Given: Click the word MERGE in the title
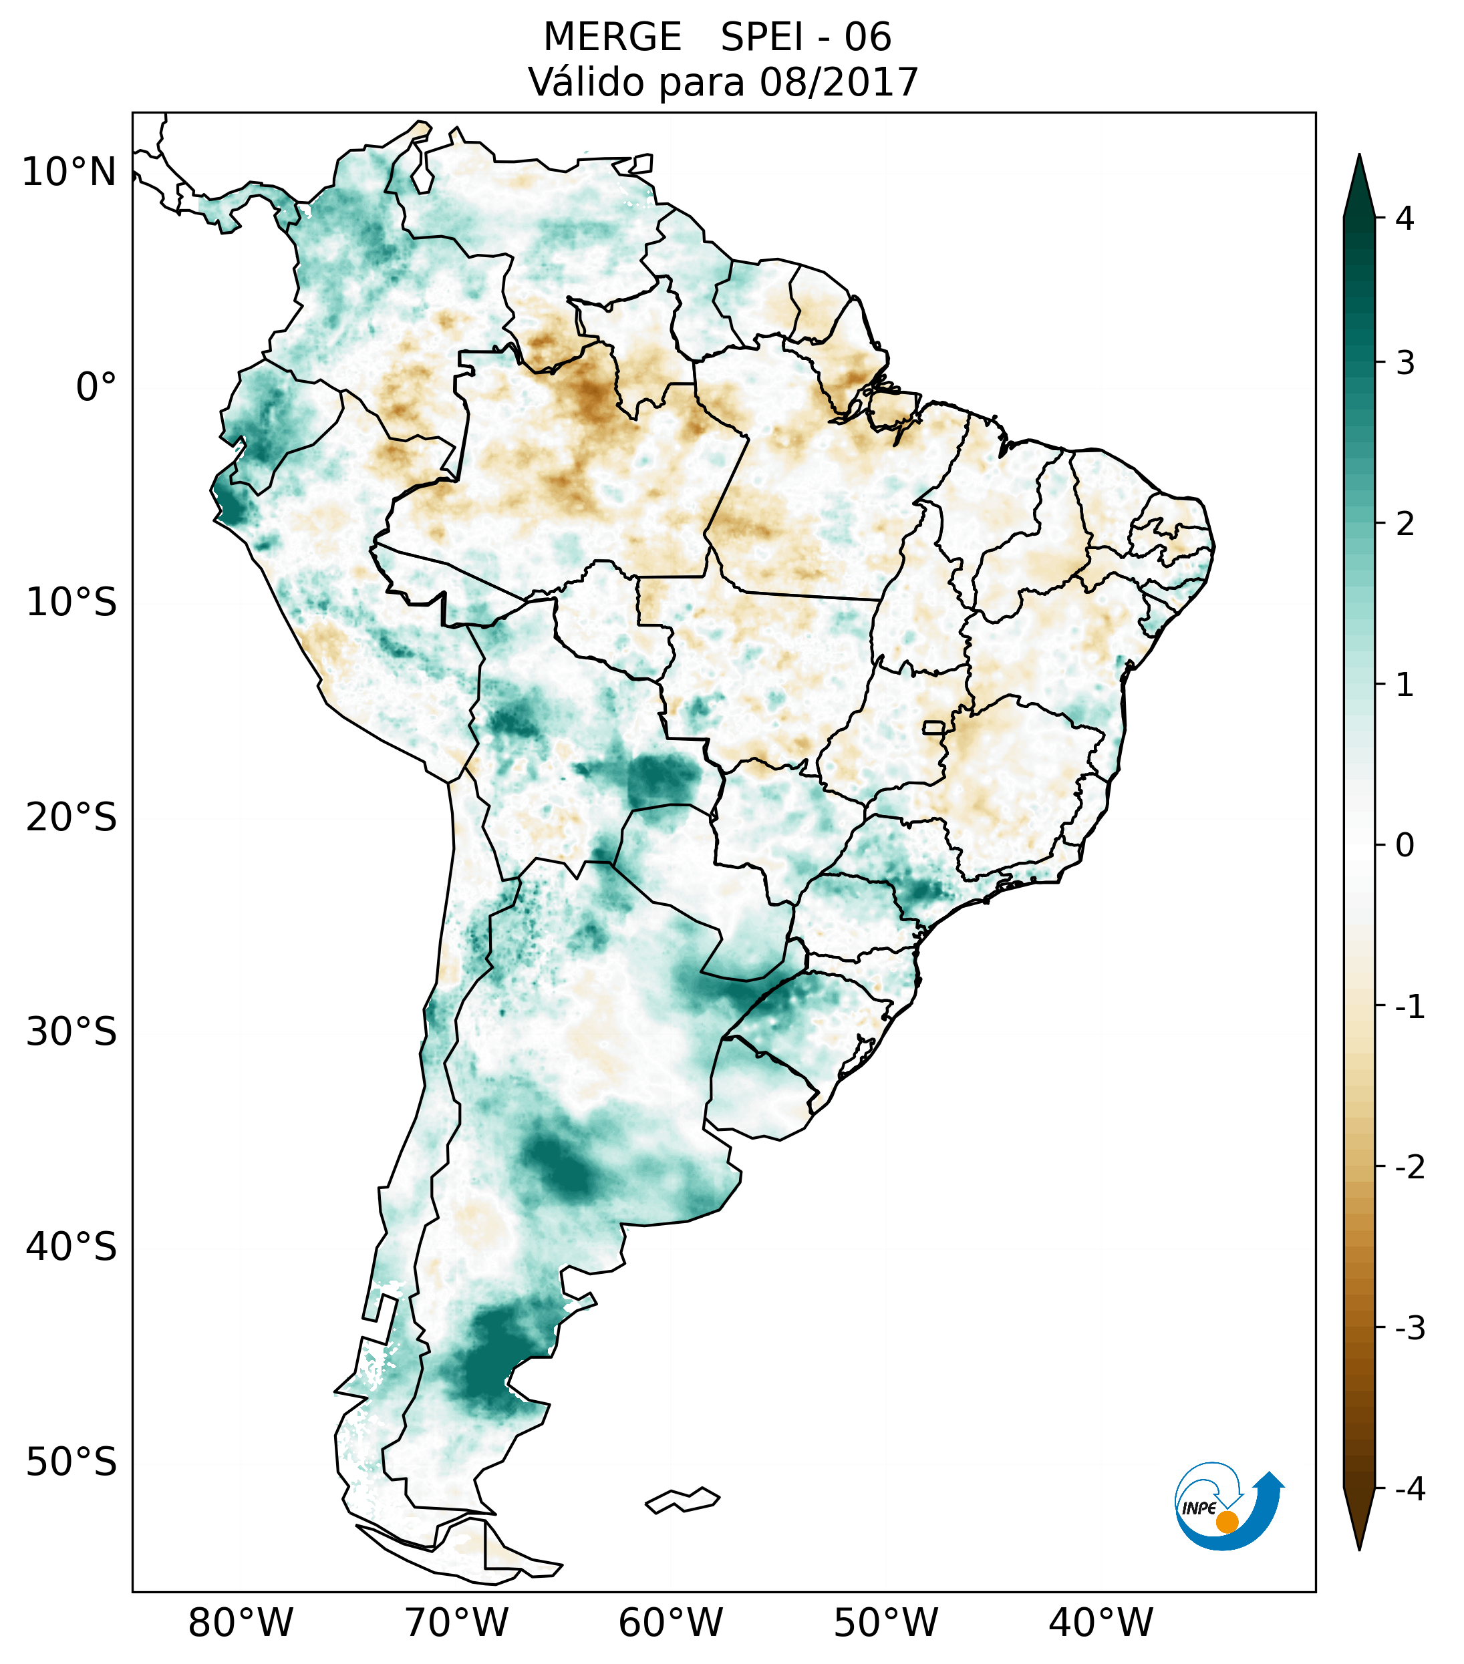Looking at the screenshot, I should coord(611,37).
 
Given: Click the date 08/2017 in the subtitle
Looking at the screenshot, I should coord(839,82).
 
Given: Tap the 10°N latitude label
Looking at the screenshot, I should coord(69,172).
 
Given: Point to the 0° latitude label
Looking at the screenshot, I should coord(96,387).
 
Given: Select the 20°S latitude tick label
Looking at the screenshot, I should coord(71,818).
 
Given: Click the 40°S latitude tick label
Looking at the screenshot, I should coord(71,1247).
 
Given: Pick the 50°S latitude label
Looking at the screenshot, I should coord(71,1462).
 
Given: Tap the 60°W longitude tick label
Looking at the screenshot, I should coord(670,1623).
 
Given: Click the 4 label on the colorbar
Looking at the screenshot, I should coord(1405,218).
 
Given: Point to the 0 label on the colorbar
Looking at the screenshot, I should coord(1405,846).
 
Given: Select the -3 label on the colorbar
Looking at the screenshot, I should coord(1409,1328).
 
